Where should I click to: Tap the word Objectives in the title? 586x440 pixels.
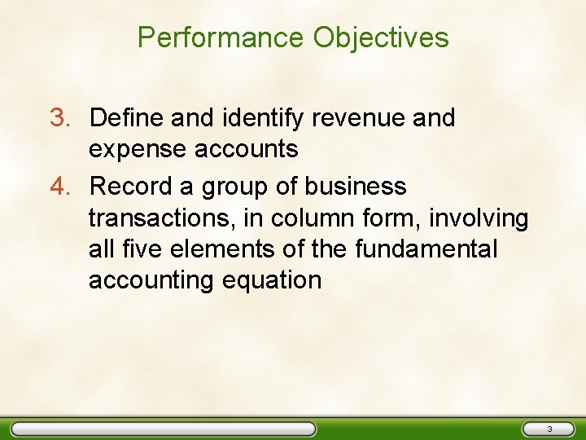[381, 37]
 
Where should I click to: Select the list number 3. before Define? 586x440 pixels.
[62, 118]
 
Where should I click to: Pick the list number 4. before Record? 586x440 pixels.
[62, 187]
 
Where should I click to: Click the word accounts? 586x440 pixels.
[244, 149]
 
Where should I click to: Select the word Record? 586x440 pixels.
[131, 187]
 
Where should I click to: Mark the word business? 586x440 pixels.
[355, 187]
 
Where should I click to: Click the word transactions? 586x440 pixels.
[155, 218]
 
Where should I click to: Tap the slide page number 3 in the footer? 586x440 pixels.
[549, 429]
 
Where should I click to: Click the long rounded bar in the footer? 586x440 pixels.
[163, 429]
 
